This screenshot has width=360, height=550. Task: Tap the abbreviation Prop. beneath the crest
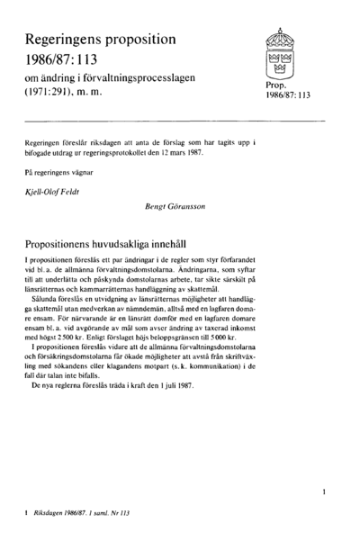pyautogui.click(x=276, y=86)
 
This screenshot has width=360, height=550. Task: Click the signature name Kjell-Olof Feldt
pyautogui.click(x=58, y=192)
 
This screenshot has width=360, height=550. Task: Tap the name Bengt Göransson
pyautogui.click(x=176, y=207)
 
